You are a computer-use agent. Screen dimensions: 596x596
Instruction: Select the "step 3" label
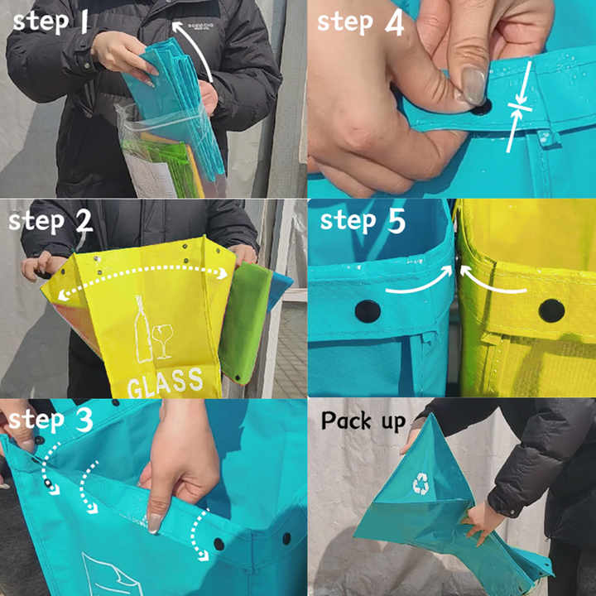click(x=51, y=420)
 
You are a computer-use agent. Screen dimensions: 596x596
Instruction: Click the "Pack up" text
click(x=363, y=421)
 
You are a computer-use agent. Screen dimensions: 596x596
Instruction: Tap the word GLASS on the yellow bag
click(x=165, y=381)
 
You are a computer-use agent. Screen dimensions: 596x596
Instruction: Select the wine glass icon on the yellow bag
click(x=164, y=339)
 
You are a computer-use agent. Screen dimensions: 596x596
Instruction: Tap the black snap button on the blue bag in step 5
click(x=368, y=311)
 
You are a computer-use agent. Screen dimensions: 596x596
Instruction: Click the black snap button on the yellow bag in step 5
click(x=551, y=310)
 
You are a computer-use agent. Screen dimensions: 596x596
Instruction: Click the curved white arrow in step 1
click(x=198, y=50)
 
